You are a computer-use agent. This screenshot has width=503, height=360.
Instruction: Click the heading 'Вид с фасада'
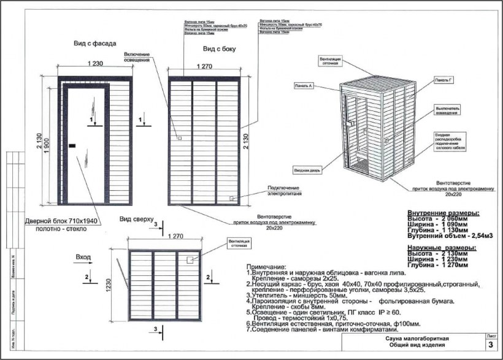[x=91, y=44]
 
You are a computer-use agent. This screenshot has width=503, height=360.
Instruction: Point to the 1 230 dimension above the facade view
[x=95, y=64]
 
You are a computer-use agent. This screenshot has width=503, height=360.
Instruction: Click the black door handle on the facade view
[x=72, y=145]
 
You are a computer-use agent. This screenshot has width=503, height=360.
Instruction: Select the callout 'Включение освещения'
[x=141, y=56]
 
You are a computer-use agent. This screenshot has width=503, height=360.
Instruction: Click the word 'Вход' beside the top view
[x=83, y=257]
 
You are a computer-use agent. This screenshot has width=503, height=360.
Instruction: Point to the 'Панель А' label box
[x=304, y=86]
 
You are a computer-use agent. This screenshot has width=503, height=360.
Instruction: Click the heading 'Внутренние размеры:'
[x=443, y=212]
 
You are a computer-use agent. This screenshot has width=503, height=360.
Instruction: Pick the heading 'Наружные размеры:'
[x=442, y=247]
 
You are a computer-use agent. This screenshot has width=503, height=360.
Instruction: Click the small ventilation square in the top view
[x=191, y=260]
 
